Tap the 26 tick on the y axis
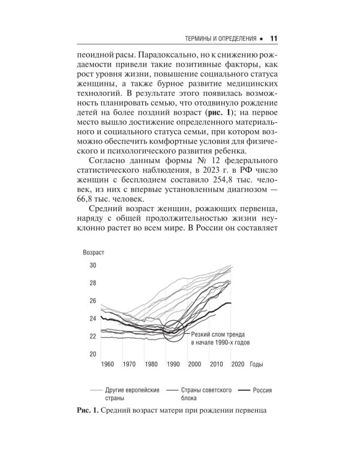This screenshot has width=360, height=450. pyautogui.click(x=93, y=301)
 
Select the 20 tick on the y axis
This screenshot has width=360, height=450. pyautogui.click(x=93, y=354)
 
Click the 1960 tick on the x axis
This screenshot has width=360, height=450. pyautogui.click(x=108, y=364)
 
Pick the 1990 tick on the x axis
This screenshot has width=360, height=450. pyautogui.click(x=173, y=364)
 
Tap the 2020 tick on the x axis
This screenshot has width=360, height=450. pyautogui.click(x=237, y=364)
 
